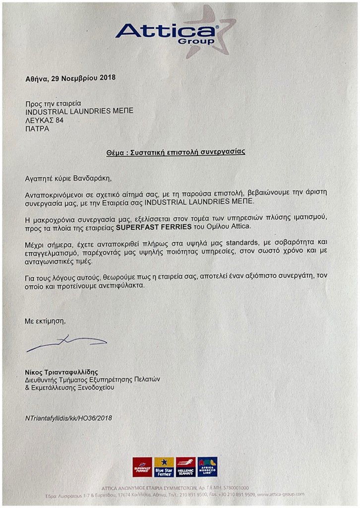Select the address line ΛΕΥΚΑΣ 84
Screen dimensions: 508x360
click(45, 120)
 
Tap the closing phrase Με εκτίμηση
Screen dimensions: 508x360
click(45, 321)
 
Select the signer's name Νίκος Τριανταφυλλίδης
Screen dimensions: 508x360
click(62, 372)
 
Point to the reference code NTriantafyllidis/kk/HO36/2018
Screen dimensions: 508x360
click(68, 418)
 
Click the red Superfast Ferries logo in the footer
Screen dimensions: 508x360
click(142, 467)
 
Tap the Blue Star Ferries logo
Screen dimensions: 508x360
click(164, 467)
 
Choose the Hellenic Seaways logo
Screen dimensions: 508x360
click(185, 467)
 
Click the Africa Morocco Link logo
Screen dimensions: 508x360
click(207, 467)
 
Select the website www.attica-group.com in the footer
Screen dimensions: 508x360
click(281, 494)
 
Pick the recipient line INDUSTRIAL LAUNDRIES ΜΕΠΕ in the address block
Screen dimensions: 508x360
click(79, 111)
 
